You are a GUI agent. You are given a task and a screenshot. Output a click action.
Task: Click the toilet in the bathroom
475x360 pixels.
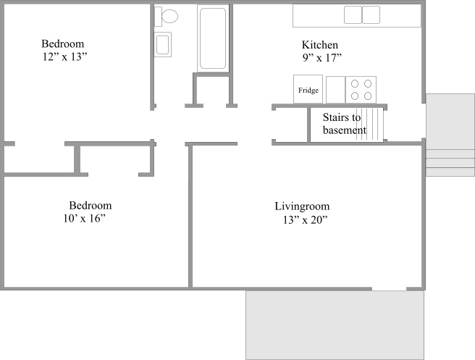(x=166, y=17)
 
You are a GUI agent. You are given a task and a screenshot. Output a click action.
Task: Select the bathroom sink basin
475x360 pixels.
(x=163, y=44)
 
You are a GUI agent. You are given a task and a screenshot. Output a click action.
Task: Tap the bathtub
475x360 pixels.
(x=213, y=38)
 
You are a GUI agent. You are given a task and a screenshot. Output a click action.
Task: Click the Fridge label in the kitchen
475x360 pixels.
(x=308, y=91)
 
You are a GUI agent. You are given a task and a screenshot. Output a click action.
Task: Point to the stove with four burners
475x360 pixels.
(x=361, y=90)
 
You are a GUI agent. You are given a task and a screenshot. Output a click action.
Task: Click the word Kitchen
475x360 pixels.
(x=320, y=45)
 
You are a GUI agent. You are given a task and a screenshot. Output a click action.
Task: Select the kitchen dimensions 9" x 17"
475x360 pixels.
(x=322, y=57)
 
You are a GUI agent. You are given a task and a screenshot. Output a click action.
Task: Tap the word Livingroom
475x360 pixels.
(x=302, y=206)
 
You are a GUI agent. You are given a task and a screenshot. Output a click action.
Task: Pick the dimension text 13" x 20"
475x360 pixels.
(x=306, y=219)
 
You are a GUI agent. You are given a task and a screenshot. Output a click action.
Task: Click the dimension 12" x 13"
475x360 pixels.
(x=65, y=56)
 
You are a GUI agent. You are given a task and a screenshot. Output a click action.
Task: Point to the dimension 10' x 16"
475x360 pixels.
(x=85, y=219)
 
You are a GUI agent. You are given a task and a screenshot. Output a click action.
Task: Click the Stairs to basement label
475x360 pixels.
(x=345, y=124)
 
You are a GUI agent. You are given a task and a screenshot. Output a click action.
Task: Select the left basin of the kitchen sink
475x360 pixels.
(x=353, y=14)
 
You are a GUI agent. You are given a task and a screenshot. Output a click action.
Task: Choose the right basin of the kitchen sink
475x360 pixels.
(x=371, y=14)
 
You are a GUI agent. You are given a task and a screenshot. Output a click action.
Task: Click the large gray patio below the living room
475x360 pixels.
(x=335, y=325)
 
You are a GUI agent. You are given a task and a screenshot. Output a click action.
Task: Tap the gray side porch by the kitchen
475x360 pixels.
(x=450, y=135)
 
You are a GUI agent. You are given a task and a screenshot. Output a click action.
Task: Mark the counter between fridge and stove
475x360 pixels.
(x=336, y=90)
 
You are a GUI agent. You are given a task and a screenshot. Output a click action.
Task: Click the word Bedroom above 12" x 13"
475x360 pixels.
(x=63, y=44)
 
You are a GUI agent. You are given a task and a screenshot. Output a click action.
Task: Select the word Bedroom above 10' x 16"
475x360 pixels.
(x=91, y=206)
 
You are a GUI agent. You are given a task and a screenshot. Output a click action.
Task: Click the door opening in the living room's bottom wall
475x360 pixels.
(x=389, y=289)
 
